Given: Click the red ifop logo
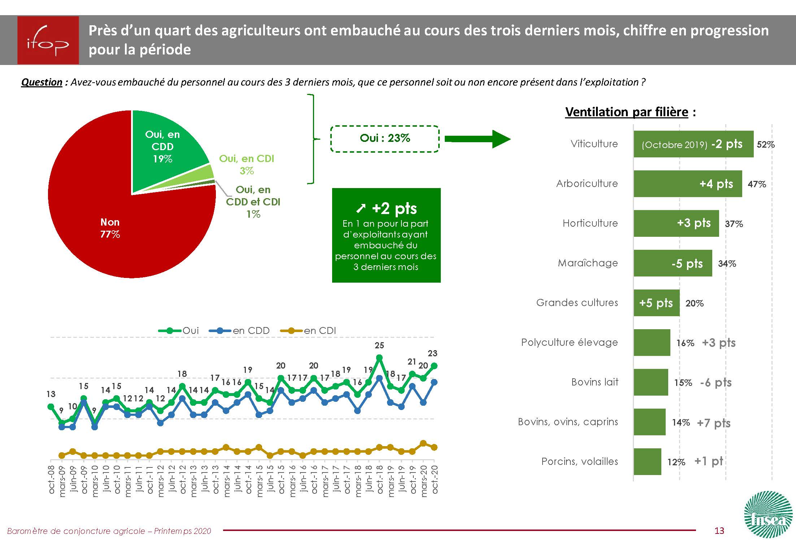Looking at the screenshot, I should point(48,40).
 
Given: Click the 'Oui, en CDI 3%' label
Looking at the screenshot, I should point(247,164).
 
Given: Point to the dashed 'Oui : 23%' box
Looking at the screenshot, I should point(385,139).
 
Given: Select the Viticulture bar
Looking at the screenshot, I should point(693,144).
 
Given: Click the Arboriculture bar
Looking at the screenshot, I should point(687,184).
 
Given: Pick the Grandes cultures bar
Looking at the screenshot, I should point(656,303).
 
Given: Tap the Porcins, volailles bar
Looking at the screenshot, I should point(647,462).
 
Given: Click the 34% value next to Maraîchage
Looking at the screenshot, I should point(727,264).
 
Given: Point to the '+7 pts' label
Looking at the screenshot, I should point(713,422).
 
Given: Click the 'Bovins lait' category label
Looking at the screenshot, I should point(595,382).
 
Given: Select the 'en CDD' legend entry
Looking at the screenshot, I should point(240,330).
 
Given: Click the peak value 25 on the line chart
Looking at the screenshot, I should point(379,345).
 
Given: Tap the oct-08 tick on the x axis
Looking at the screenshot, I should point(52,479).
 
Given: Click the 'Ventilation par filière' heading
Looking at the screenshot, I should point(627,112).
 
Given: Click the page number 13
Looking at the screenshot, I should point(719,530).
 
